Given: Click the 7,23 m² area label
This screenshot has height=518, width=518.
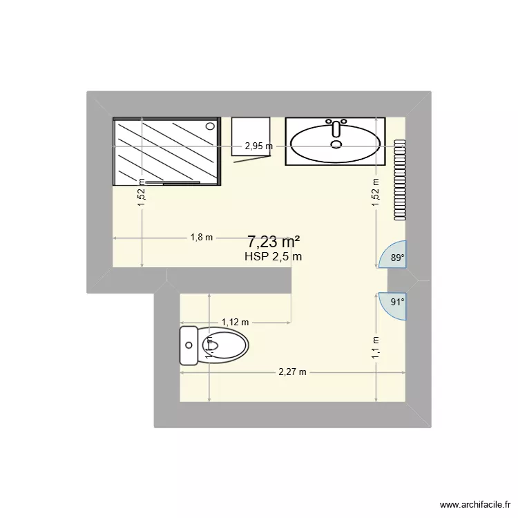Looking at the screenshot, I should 274,242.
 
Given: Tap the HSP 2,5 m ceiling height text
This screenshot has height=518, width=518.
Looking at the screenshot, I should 274,256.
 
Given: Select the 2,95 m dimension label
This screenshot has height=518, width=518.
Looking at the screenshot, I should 258,146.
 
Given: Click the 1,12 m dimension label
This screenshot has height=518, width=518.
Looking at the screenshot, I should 235,322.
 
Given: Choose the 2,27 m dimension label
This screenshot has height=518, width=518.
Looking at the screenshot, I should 292,372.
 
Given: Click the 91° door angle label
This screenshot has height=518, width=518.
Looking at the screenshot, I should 397,301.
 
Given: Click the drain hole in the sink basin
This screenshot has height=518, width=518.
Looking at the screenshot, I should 336,144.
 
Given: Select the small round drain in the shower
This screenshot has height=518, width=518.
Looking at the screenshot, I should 210,126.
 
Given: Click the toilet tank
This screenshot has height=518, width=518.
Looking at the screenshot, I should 188,345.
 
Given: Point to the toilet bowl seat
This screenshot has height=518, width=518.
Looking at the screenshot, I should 224,345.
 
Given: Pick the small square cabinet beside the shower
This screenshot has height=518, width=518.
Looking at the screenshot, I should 250,138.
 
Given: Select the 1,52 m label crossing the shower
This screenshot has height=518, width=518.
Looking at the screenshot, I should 141,193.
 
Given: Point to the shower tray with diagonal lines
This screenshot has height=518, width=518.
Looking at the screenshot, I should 166,151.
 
